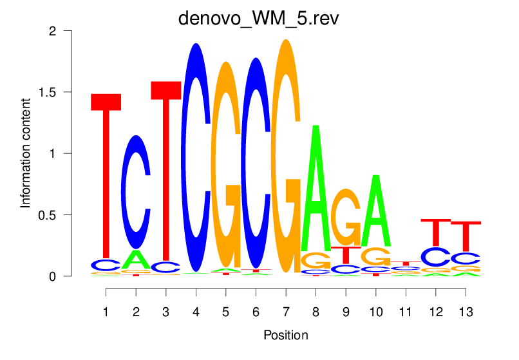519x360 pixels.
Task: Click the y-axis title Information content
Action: point(26,153)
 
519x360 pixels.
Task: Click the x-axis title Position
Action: point(285,335)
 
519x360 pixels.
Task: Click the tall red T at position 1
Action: point(106,174)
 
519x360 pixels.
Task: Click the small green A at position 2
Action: point(136,260)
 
